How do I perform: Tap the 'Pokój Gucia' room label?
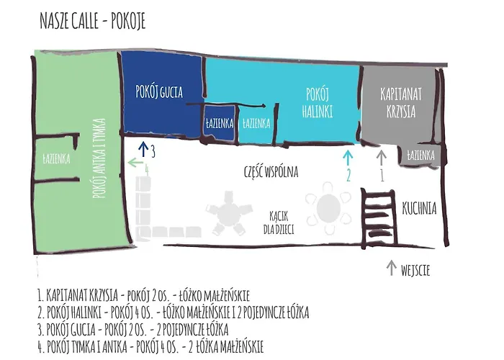point(159,91)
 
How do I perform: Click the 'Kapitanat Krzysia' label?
point(398,102)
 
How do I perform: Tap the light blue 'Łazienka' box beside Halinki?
point(256,123)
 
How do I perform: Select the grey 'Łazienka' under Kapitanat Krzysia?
point(420,155)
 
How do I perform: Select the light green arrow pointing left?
point(135,164)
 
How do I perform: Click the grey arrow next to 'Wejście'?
point(392,268)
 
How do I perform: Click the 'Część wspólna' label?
point(271,172)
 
